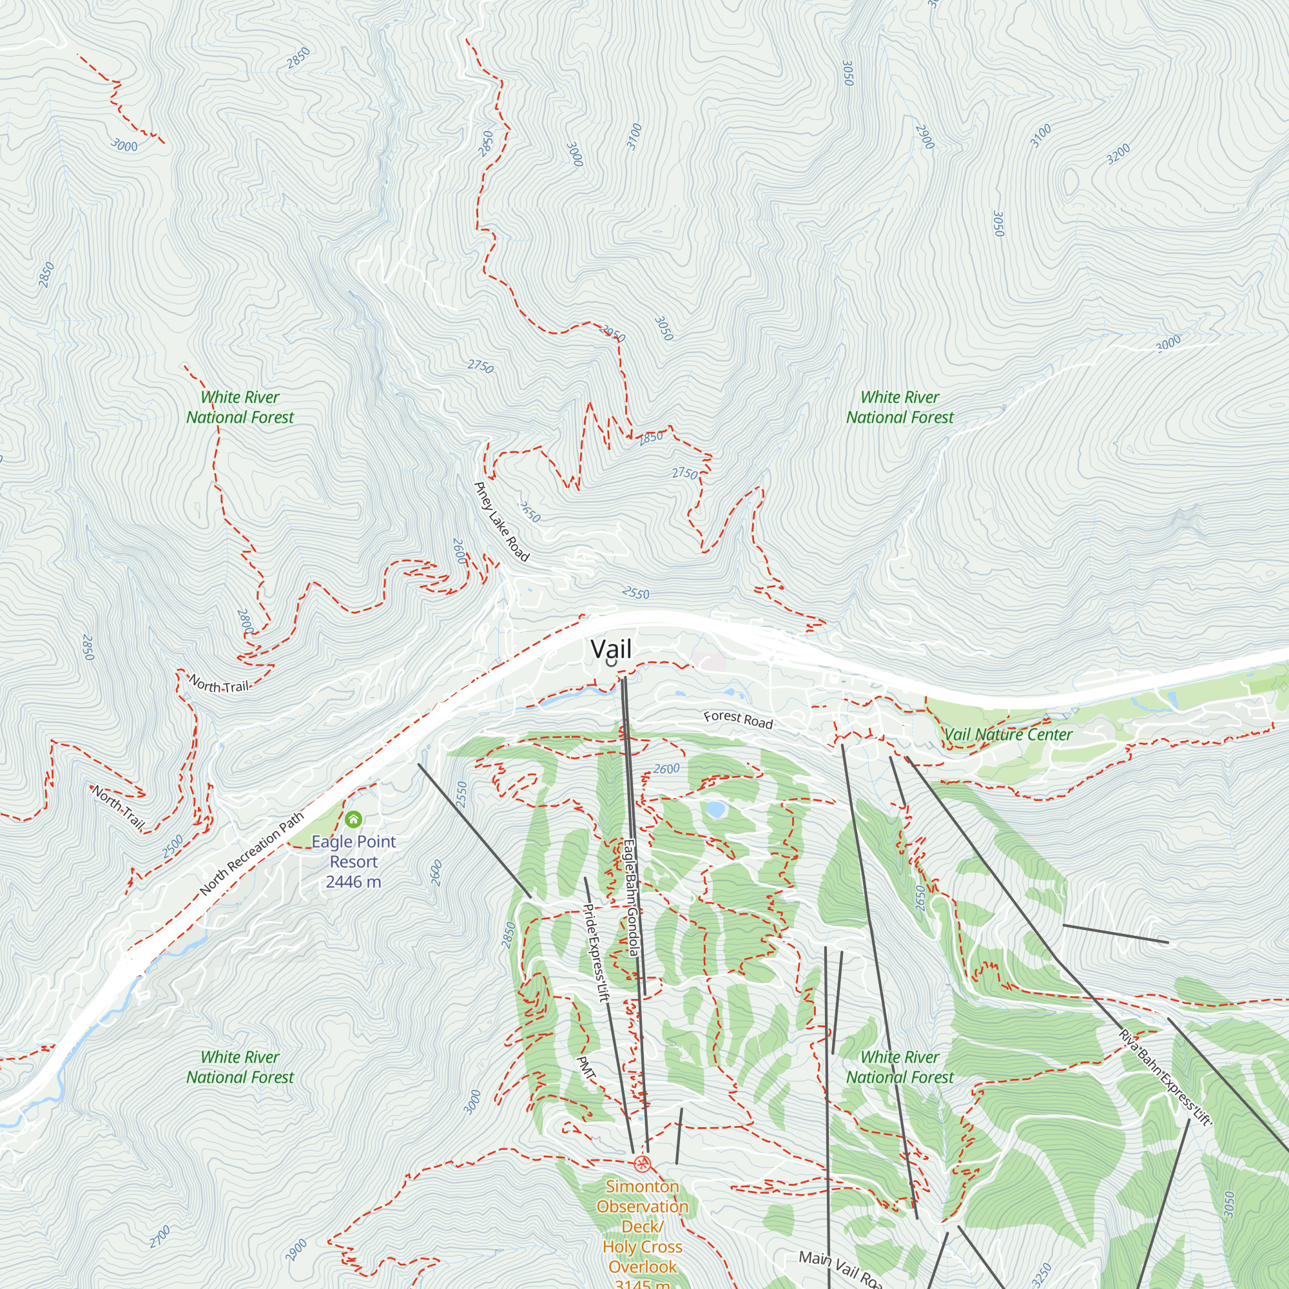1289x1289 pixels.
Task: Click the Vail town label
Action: (x=610, y=648)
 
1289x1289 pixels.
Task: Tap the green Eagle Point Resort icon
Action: (x=354, y=819)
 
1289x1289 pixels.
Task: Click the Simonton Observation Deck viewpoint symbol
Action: (x=642, y=1164)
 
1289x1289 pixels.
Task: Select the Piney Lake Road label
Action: (x=501, y=522)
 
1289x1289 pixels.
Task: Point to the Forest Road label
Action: (x=738, y=719)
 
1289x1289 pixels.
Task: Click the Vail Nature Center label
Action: (x=1007, y=735)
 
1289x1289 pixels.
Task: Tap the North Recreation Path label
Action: (x=251, y=853)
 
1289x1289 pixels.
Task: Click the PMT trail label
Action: (x=586, y=1067)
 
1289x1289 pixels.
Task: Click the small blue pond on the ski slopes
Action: (x=715, y=809)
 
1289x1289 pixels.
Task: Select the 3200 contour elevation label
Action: (x=1118, y=153)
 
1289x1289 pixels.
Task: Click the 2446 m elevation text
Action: (x=354, y=882)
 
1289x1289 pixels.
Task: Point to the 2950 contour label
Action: (x=612, y=333)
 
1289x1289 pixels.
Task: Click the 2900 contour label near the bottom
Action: (x=296, y=1250)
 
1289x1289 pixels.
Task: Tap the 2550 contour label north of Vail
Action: (x=635, y=593)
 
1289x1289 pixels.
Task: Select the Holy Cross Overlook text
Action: (x=642, y=1256)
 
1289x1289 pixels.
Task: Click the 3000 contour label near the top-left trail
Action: (x=124, y=145)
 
